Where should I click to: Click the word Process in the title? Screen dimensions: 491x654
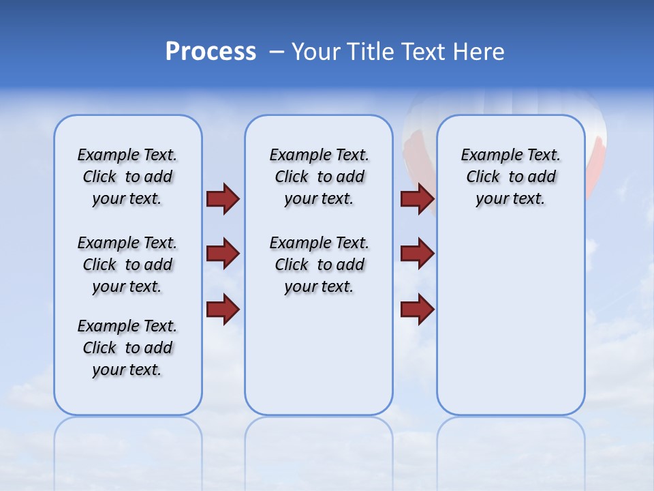[x=211, y=52]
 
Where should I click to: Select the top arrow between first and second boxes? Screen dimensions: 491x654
[x=223, y=198]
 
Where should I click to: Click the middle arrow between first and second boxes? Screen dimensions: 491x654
[x=223, y=254]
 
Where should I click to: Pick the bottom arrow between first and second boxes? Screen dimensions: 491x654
[x=223, y=309]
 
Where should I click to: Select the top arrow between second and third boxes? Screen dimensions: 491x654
[x=418, y=198]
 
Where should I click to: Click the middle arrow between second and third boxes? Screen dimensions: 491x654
[x=418, y=254]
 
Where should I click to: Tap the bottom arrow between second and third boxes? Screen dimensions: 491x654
[x=418, y=309]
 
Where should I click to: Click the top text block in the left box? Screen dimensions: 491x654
[x=127, y=177]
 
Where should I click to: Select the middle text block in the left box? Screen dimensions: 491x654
[x=127, y=265]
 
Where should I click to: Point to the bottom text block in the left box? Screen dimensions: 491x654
[x=127, y=348]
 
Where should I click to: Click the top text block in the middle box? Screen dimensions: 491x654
[x=319, y=177]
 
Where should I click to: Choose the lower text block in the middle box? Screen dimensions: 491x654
[x=319, y=265]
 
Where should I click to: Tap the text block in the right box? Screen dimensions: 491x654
[x=510, y=177]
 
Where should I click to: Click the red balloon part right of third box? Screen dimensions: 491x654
[x=597, y=164]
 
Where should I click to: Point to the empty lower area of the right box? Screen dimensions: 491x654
[x=510, y=327]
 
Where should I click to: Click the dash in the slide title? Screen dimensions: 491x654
[x=276, y=52]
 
